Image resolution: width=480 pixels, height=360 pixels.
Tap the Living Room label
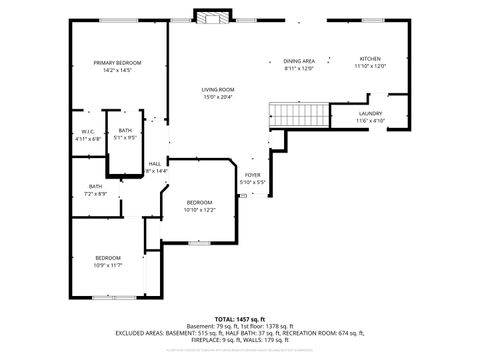217,89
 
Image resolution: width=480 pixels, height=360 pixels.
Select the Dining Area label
299,61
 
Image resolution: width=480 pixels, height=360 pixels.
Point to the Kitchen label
370,59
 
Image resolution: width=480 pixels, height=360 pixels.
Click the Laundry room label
371,114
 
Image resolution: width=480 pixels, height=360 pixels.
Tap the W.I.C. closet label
88,131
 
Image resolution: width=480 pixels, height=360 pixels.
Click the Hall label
155,163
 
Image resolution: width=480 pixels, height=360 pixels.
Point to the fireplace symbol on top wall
210,18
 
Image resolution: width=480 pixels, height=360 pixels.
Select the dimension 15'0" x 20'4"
217,97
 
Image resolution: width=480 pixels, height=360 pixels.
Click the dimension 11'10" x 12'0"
370,67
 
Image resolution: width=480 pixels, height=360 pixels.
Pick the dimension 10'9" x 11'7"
108,265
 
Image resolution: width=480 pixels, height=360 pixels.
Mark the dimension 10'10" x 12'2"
199,211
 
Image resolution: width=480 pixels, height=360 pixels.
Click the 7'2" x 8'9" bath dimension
95,193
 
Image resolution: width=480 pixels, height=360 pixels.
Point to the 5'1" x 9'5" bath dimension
125,139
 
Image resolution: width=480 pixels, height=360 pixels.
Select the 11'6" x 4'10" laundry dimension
371,122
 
